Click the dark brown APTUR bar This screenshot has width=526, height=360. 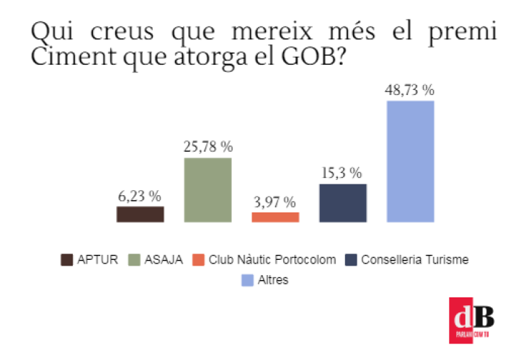(x=140, y=214)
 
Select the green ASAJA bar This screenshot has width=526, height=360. (x=208, y=189)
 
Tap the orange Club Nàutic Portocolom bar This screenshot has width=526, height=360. (x=275, y=217)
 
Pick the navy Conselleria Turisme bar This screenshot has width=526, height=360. (x=343, y=202)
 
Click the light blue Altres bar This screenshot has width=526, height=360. (x=410, y=161)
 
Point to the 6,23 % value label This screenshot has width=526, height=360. (x=140, y=196)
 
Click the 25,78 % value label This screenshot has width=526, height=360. (x=208, y=147)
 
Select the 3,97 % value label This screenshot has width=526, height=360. (x=275, y=202)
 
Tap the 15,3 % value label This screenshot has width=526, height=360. (x=343, y=174)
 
